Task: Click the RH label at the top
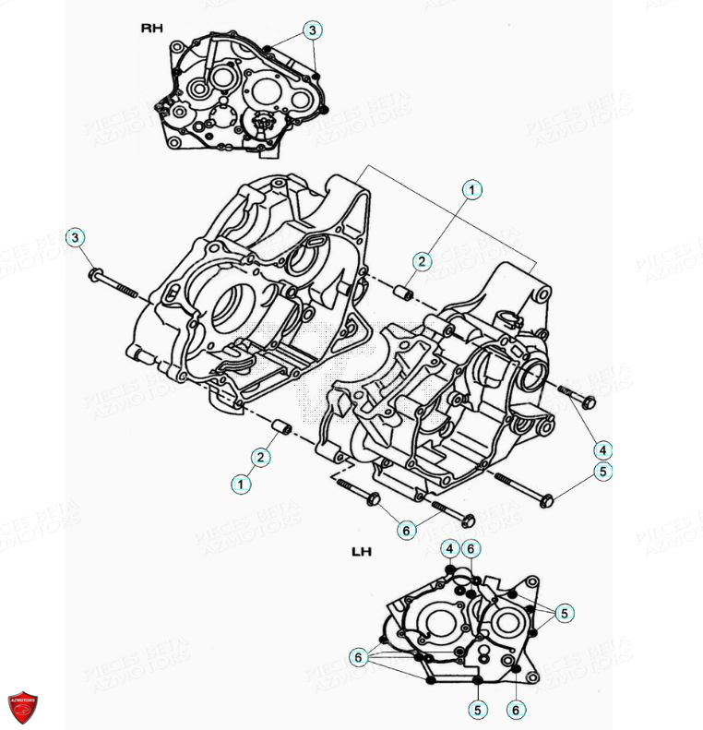click(x=151, y=29)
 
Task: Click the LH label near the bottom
click(x=362, y=553)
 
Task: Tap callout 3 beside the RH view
click(x=313, y=30)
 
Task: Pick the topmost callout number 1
click(x=471, y=190)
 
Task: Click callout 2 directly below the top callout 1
click(x=421, y=261)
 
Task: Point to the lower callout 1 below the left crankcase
click(x=241, y=483)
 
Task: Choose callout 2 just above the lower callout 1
click(x=263, y=457)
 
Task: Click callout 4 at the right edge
click(x=602, y=449)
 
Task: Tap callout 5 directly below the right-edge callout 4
click(x=602, y=472)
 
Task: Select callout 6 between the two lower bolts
click(x=405, y=530)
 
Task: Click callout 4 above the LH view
click(x=449, y=548)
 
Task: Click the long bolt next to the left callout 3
click(x=118, y=283)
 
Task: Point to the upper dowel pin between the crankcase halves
click(x=402, y=294)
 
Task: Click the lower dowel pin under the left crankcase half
click(x=280, y=429)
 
